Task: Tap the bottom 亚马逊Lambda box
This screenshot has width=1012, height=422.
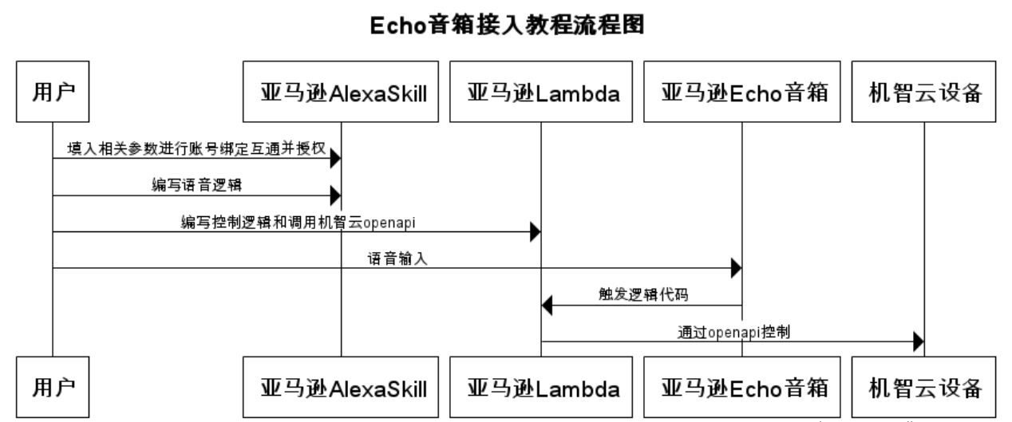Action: coord(542,388)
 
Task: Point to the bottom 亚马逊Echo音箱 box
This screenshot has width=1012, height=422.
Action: coord(742,388)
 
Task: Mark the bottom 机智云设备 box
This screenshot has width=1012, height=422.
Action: coord(924,388)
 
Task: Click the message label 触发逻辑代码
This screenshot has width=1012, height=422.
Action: coord(642,294)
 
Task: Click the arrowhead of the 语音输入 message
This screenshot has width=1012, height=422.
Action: coord(737,269)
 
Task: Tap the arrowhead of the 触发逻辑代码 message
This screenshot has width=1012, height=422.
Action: coord(548,305)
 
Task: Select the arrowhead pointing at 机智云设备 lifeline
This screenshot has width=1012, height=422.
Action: coord(919,341)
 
